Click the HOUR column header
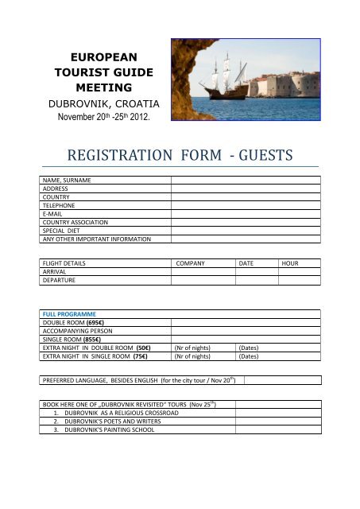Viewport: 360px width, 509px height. click(291, 262)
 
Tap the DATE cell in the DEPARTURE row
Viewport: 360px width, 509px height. click(257, 280)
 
